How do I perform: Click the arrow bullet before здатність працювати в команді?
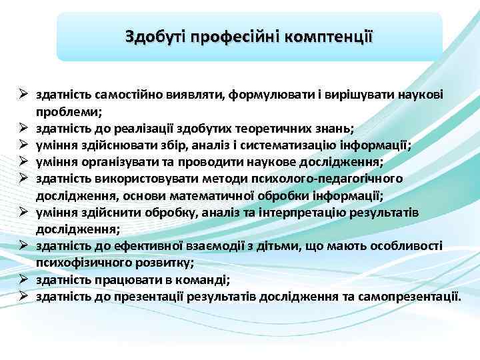22,279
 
